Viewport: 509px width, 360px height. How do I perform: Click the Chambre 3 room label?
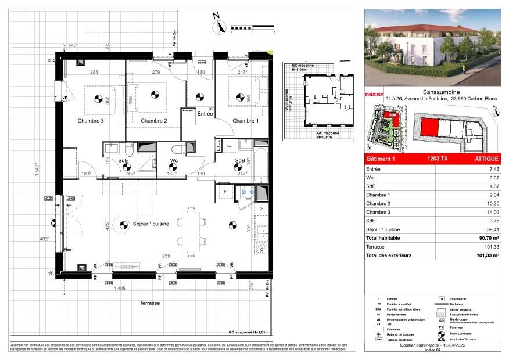(91, 121)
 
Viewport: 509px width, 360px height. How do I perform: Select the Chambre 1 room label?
(246, 121)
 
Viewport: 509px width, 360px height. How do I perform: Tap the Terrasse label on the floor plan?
(150, 304)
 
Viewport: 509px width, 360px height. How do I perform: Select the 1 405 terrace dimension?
(120, 289)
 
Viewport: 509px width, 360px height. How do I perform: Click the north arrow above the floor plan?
(220, 26)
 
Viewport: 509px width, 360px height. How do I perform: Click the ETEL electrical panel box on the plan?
(218, 146)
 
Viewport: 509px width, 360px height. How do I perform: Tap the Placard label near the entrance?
(188, 111)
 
